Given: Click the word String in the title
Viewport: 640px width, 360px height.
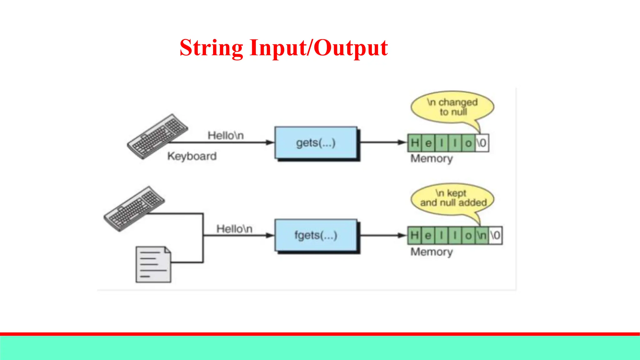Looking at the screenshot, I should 211,48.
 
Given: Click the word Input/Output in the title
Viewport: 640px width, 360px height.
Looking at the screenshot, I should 319,48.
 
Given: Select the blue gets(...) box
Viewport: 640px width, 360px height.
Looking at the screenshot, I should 316,143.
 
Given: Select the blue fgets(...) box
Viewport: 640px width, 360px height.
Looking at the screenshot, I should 316,235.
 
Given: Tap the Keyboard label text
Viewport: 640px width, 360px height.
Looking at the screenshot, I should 192,156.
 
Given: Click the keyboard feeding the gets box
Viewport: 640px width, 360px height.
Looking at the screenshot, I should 157,136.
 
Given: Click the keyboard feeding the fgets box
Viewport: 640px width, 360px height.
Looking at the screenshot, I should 134,208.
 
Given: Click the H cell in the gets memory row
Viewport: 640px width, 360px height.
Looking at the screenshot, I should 415,143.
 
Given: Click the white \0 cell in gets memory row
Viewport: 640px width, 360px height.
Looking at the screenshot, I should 482,143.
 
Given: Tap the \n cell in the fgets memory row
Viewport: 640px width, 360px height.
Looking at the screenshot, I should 482,235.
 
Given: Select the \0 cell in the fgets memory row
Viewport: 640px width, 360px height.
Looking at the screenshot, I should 495,235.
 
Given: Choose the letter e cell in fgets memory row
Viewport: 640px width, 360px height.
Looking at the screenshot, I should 428,235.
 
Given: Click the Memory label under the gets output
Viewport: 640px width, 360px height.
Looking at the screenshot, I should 432,158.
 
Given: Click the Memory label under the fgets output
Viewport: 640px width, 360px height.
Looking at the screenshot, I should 432,252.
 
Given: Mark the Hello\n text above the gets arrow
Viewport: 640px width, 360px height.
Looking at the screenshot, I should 226,135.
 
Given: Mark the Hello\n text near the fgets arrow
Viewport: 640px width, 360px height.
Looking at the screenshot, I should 234,229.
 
